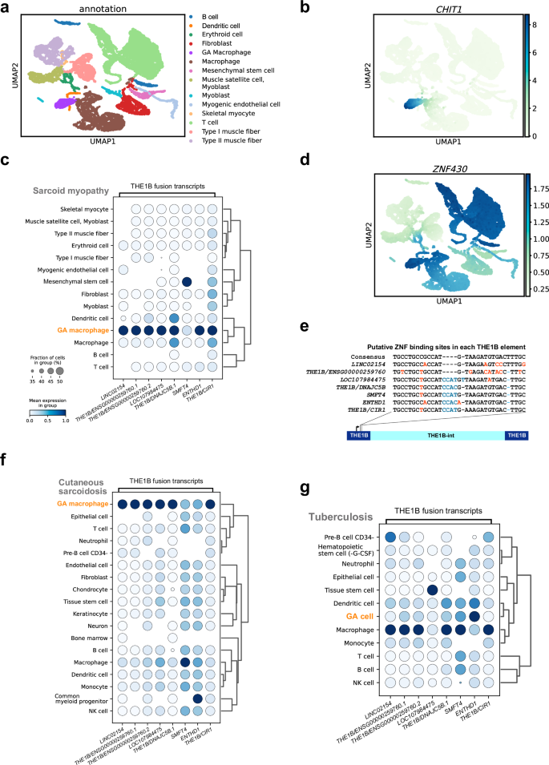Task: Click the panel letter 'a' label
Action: tap(6, 7)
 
